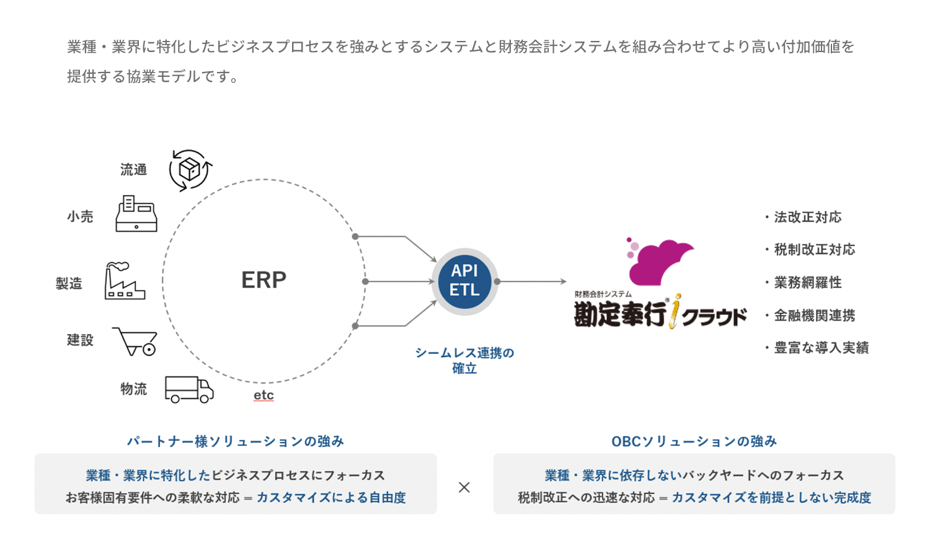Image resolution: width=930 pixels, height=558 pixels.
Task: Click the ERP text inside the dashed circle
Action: [x=263, y=280]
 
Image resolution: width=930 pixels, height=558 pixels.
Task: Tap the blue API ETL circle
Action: [x=464, y=281]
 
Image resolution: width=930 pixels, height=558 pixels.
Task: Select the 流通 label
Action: [x=133, y=169]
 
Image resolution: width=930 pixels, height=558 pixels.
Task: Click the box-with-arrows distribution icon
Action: [x=190, y=170]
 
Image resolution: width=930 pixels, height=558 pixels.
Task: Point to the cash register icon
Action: [x=136, y=213]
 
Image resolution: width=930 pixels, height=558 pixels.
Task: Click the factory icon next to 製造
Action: [x=125, y=281]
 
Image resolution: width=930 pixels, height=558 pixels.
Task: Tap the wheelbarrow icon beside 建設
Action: [x=135, y=342]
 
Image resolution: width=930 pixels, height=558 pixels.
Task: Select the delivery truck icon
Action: [x=189, y=389]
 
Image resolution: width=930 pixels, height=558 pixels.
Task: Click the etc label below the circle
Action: [x=263, y=396]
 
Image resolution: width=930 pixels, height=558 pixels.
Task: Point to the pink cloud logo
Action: [x=660, y=262]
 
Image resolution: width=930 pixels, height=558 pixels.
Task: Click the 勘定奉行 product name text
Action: [x=620, y=314]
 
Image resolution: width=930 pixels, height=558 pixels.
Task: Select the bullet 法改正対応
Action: [x=804, y=217]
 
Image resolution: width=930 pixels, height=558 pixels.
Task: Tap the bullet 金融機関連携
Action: [x=810, y=316]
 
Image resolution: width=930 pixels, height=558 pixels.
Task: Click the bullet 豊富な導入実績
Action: [x=817, y=348]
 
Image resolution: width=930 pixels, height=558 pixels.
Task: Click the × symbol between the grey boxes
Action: [x=464, y=487]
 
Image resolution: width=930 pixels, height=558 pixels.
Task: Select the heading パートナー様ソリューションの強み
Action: [x=236, y=441]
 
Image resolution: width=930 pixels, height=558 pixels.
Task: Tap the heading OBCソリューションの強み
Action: [x=694, y=441]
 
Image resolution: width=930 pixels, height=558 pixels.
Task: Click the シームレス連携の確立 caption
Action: [x=464, y=360]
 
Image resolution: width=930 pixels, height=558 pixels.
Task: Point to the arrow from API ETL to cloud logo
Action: [x=532, y=281]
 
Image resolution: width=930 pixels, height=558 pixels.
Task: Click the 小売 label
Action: [x=80, y=216]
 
